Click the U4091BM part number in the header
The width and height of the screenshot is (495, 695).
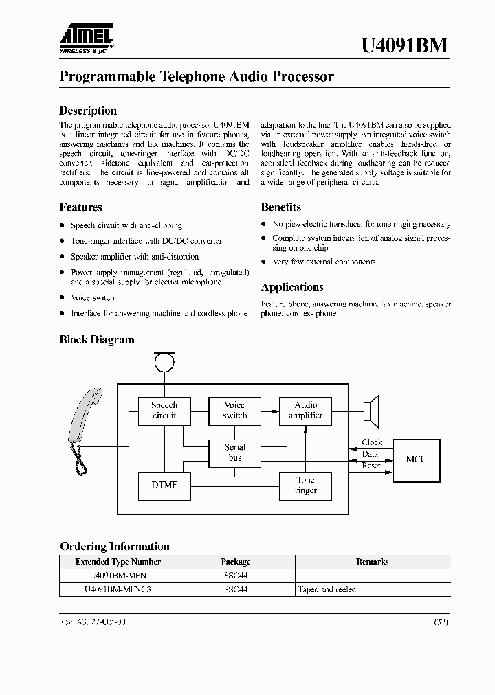(x=405, y=45)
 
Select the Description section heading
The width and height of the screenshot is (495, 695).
(x=88, y=111)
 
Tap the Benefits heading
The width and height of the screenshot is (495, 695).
(x=280, y=207)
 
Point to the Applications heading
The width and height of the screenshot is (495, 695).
(x=291, y=287)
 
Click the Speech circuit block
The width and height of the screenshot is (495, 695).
(x=164, y=411)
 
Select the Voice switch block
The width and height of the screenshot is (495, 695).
(x=234, y=411)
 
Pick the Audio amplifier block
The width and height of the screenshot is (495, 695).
(x=306, y=411)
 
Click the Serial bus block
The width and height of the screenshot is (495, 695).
(x=234, y=452)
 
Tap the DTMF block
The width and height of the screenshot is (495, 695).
(x=164, y=486)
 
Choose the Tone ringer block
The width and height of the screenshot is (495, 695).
(x=305, y=486)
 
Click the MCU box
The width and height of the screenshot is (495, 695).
(x=416, y=459)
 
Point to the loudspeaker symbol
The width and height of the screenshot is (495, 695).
(x=372, y=411)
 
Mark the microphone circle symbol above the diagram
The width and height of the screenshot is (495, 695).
(x=164, y=360)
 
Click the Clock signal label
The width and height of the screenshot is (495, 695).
(x=371, y=442)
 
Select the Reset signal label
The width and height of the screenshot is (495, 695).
(x=371, y=466)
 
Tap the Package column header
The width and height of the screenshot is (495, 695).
(x=235, y=562)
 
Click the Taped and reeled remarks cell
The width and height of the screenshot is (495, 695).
(x=327, y=589)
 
